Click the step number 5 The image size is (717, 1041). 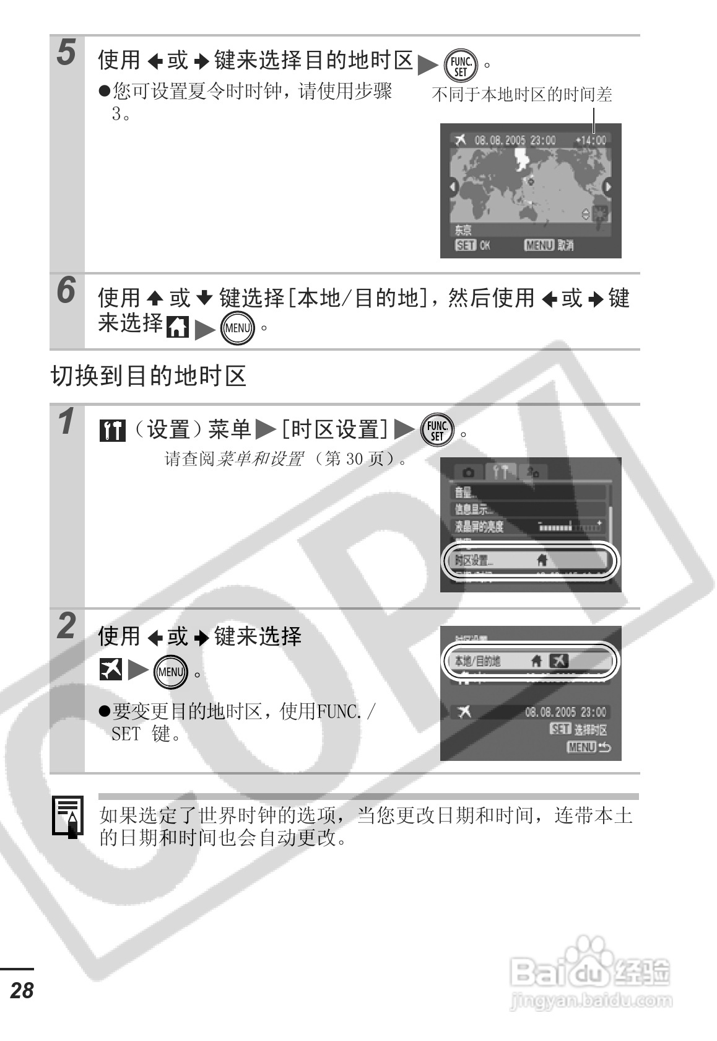[x=66, y=52]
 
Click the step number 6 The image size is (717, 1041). [x=66, y=290]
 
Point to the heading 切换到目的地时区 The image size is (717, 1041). [x=149, y=376]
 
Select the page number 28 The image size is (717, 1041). [x=22, y=990]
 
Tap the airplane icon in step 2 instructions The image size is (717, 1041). [x=111, y=670]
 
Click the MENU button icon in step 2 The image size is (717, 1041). [x=170, y=672]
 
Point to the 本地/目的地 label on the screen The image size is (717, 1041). [x=477, y=661]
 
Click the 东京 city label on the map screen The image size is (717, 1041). [x=463, y=230]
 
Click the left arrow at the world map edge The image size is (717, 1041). [x=453, y=187]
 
